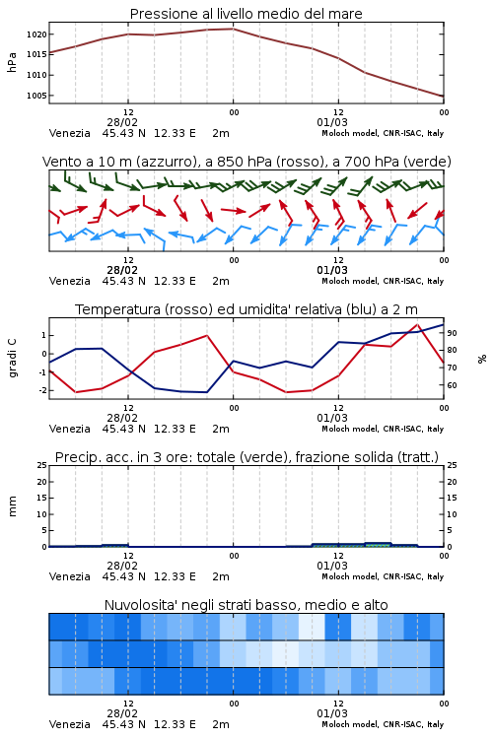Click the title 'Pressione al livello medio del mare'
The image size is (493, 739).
246,14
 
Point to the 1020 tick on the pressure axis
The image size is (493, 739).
36,34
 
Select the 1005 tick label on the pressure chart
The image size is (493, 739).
36,96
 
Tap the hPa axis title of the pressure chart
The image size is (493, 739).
12,62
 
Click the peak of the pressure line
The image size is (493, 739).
233,29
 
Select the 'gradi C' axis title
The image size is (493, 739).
12,359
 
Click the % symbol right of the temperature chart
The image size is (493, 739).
482,359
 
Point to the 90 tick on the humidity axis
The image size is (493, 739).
452,333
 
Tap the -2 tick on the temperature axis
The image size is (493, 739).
42,390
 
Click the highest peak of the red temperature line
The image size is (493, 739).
417,324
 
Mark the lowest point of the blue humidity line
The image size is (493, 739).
207,392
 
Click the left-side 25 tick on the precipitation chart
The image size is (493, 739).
42,466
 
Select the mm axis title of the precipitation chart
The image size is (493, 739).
12,506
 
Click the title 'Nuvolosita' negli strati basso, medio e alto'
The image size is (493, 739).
246,605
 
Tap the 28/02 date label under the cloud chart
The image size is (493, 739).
122,713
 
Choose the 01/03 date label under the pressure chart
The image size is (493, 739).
332,122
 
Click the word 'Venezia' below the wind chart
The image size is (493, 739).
69,281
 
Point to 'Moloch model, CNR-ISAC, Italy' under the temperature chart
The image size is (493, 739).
383,429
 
